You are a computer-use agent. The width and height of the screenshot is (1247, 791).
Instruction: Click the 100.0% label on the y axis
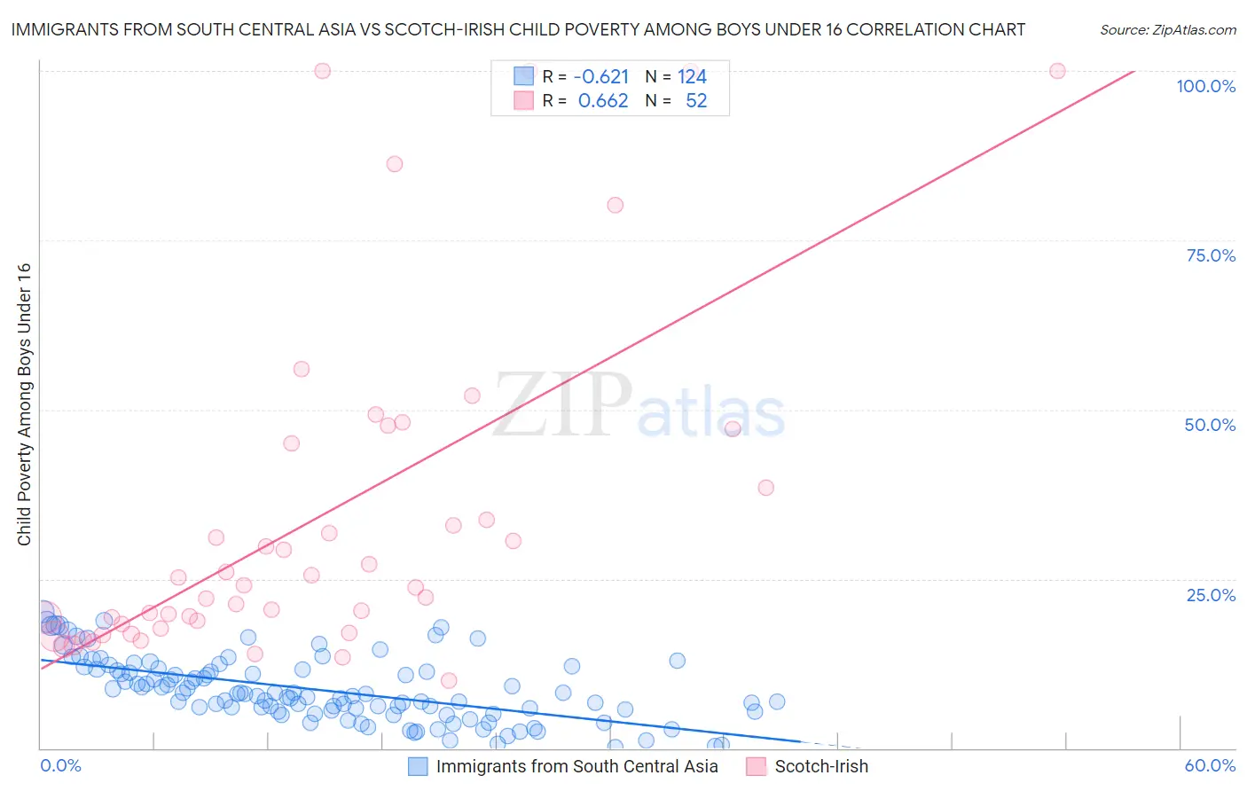[x=1205, y=86]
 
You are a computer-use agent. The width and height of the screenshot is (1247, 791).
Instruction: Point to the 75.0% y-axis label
[x=1211, y=255]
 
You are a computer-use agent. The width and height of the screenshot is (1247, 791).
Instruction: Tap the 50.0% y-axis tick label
[x=1210, y=425]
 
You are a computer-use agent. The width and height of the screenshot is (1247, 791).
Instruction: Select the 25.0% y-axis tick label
[x=1211, y=595]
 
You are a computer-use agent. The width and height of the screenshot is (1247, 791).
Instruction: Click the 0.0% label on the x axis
[x=60, y=765]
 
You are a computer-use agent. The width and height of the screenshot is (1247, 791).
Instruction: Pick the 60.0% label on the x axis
[x=1210, y=765]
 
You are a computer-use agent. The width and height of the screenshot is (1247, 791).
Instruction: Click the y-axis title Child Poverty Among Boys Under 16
[x=24, y=404]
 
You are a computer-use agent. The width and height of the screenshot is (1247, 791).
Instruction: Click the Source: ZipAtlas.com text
[x=1167, y=30]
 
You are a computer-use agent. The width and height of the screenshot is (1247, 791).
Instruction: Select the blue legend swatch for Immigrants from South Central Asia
[x=418, y=766]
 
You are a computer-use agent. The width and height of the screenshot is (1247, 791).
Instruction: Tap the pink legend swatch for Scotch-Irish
[x=756, y=766]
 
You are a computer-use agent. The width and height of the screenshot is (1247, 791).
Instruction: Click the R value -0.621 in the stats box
[x=601, y=76]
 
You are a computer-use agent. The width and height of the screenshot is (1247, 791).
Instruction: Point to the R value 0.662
[x=603, y=101]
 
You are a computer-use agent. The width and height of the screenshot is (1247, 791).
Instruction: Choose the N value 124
[x=692, y=76]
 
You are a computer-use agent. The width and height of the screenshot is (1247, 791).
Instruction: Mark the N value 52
[x=696, y=101]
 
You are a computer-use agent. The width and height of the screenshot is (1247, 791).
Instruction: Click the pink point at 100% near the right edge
[x=1057, y=71]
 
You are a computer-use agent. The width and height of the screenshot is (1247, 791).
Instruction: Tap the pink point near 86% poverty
[x=395, y=164]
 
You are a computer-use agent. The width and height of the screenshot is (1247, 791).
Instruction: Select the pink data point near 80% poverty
[x=616, y=205]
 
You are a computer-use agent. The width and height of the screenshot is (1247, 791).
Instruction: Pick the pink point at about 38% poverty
[x=766, y=488]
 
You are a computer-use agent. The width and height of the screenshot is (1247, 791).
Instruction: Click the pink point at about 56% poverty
[x=302, y=369]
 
